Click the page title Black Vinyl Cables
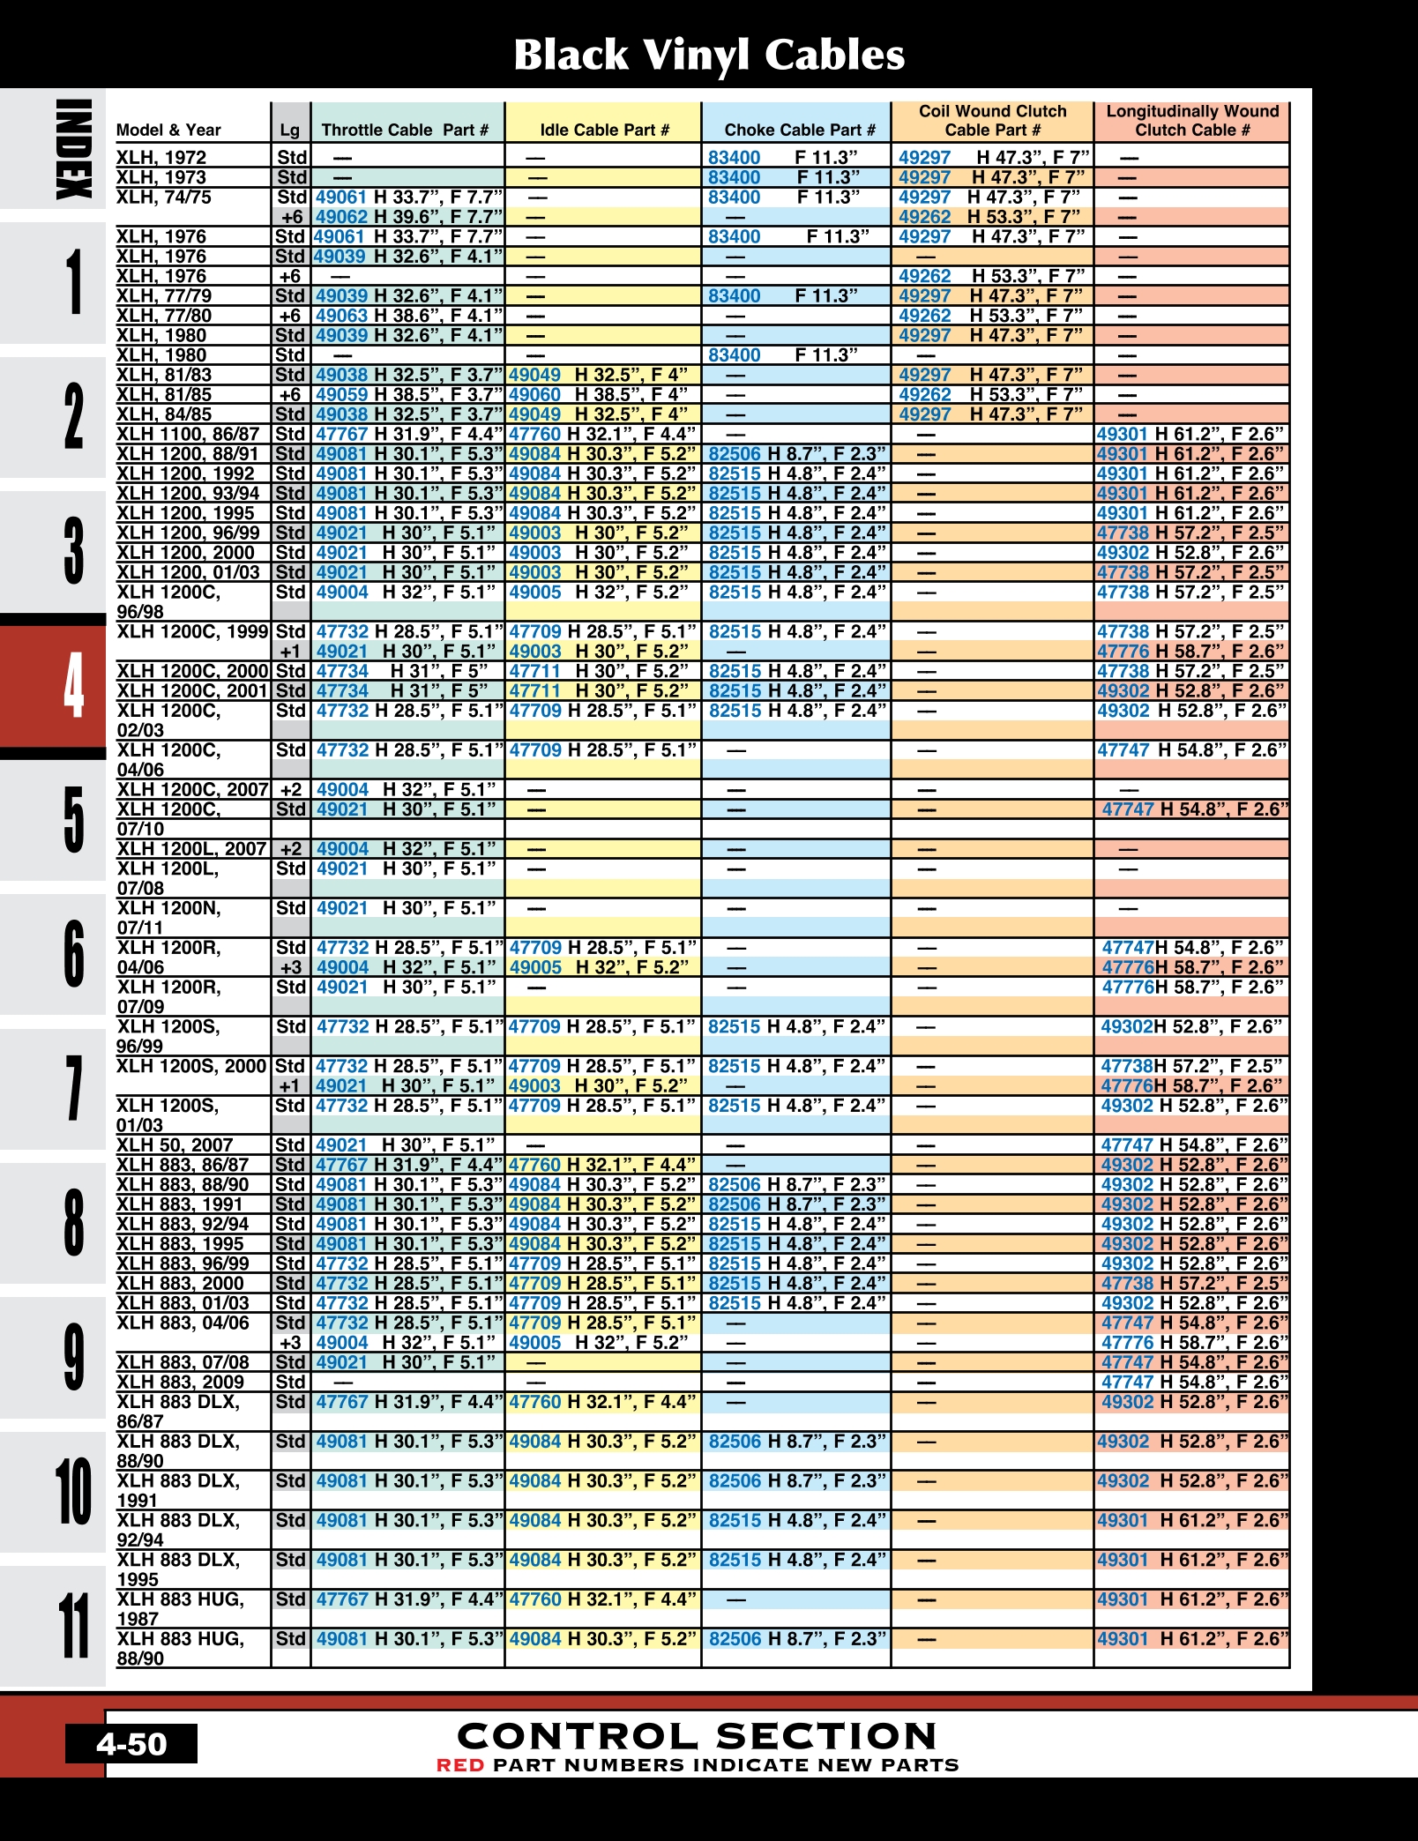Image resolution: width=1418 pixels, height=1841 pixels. tap(709, 55)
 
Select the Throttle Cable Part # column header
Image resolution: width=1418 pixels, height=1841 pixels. tap(405, 130)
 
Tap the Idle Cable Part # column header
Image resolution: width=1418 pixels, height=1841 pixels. tap(604, 130)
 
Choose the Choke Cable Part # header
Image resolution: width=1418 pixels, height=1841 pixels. tap(799, 130)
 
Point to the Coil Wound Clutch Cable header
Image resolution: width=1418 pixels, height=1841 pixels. tap(992, 121)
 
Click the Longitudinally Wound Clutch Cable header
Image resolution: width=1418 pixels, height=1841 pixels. tap(1192, 121)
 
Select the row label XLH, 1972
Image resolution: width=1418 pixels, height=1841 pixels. tap(161, 158)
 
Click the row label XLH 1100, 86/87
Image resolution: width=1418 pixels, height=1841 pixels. tap(188, 434)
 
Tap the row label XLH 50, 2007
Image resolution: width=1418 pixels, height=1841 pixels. tap(175, 1144)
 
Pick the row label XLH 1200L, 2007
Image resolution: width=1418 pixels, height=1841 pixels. tap(191, 848)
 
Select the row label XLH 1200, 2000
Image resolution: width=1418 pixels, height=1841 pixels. tap(185, 552)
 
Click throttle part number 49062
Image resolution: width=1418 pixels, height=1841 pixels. tap(340, 217)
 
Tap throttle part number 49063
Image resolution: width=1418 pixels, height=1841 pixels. tap(341, 316)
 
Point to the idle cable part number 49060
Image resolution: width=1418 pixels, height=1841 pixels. tap(534, 394)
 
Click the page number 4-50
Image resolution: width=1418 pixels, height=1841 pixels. tap(131, 1743)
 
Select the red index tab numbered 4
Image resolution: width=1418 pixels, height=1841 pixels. tap(73, 685)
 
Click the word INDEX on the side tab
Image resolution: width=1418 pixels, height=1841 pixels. tap(73, 149)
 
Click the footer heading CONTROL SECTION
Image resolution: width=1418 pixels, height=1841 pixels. tap(697, 1736)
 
